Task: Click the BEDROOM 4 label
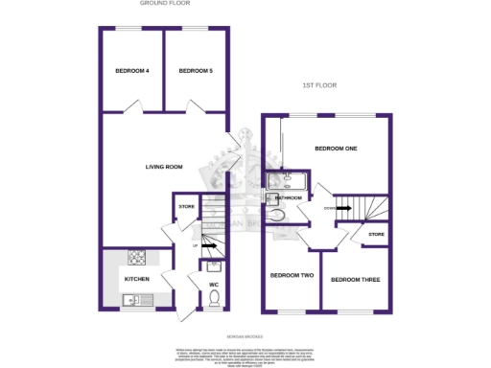coord(132,71)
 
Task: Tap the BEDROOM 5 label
coord(195,71)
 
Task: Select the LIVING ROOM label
coord(164,167)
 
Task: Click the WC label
coord(214,285)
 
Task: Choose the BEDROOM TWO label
coord(292,276)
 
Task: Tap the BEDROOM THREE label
coord(356,280)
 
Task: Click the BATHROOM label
coord(289,198)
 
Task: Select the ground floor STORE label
coord(186,206)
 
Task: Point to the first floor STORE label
coord(376,234)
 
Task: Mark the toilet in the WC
coord(214,300)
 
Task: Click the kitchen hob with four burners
coord(137,258)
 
